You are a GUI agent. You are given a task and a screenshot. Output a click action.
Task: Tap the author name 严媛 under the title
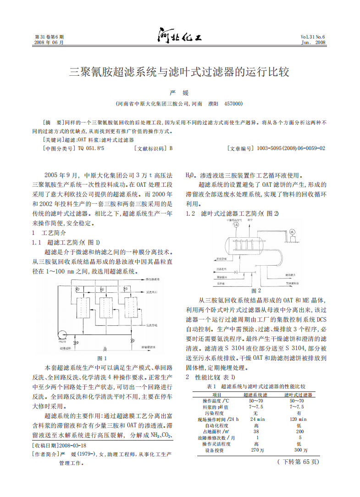pos(179,93)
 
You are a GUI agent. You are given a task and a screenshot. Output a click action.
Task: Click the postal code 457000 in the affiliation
pos(233,104)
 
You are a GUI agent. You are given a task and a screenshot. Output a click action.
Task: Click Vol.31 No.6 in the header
pos(313,37)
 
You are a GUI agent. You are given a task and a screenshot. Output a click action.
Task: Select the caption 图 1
pos(103,358)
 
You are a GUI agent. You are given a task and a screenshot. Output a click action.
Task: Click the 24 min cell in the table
pos(257,419)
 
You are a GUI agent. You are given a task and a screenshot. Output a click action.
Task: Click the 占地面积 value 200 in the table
pos(299,431)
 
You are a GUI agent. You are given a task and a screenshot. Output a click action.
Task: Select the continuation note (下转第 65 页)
pos(298,461)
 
